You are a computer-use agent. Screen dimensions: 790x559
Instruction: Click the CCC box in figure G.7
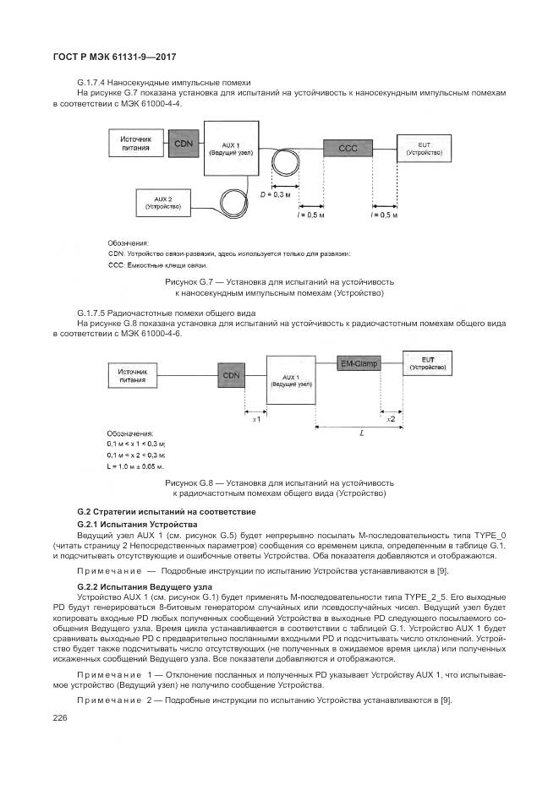(348, 148)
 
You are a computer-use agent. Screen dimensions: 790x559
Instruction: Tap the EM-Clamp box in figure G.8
(359, 363)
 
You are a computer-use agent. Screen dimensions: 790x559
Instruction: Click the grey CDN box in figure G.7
(184, 144)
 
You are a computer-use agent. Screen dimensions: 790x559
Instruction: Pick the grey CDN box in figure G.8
(231, 374)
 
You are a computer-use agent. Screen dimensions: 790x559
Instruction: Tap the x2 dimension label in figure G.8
(390, 419)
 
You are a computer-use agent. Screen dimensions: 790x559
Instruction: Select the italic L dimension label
(361, 433)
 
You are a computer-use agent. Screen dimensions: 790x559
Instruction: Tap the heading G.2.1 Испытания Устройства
(125, 525)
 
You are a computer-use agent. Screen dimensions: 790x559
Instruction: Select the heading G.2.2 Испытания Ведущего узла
(132, 586)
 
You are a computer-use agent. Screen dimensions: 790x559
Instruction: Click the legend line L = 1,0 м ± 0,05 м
(135, 466)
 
